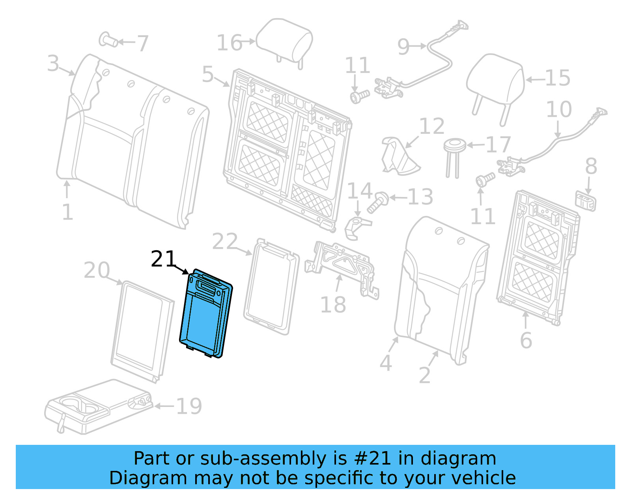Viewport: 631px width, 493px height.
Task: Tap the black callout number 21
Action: (x=163, y=259)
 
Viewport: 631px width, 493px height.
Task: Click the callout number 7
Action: (x=142, y=43)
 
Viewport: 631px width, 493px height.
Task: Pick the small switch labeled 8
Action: (x=586, y=201)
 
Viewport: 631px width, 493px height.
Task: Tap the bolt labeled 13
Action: (x=377, y=202)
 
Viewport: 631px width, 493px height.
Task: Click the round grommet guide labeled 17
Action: (x=455, y=146)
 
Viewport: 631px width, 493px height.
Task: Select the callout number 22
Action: (x=225, y=242)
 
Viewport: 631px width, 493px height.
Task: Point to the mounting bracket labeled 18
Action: (x=343, y=264)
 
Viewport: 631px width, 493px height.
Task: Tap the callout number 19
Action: (x=189, y=406)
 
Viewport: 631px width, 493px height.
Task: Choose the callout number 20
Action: (x=97, y=270)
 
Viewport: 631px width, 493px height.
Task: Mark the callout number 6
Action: (x=526, y=340)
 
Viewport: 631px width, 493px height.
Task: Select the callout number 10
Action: (x=559, y=110)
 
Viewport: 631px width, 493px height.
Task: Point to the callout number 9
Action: (x=403, y=47)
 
